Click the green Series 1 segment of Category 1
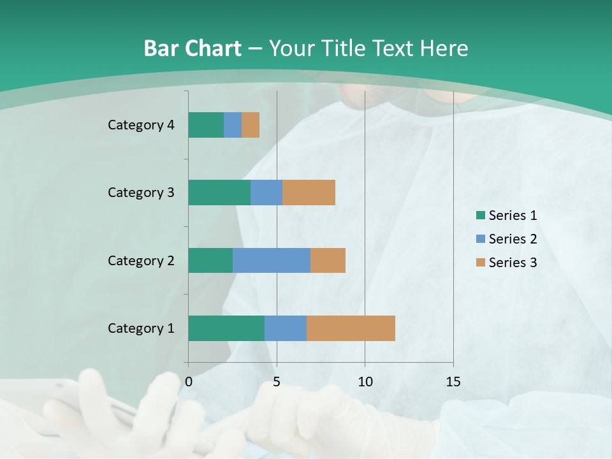click(x=226, y=328)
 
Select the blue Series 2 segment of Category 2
click(x=272, y=260)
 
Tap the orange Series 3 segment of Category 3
click(x=309, y=193)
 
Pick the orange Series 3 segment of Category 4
click(x=251, y=125)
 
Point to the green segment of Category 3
click(x=219, y=193)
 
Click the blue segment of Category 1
click(x=286, y=328)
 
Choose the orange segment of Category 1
click(x=351, y=328)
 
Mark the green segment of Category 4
click(x=206, y=125)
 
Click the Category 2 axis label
click(x=141, y=261)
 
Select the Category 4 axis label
click(x=141, y=125)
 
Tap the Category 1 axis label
click(x=141, y=328)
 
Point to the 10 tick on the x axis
click(x=365, y=382)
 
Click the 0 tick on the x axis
click(x=189, y=382)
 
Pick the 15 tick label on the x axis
click(x=453, y=382)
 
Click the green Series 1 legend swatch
click(x=480, y=215)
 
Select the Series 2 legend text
click(x=513, y=239)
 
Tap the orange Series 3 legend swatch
click(x=480, y=263)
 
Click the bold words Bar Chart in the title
click(x=193, y=48)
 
